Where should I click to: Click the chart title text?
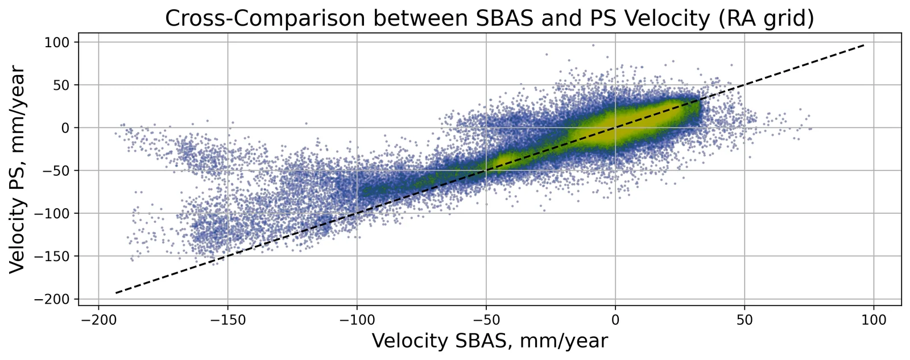pyautogui.click(x=490, y=18)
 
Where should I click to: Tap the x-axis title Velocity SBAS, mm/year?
pyautogui.click(x=490, y=341)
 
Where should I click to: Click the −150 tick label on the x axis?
pyautogui.click(x=227, y=320)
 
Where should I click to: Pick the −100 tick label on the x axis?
pyautogui.click(x=357, y=320)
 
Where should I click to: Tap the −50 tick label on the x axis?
pyautogui.click(x=486, y=320)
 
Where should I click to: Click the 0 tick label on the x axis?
pyautogui.click(x=615, y=320)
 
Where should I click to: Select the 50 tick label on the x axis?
pyautogui.click(x=744, y=320)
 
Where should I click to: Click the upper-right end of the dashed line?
pyautogui.click(x=864, y=45)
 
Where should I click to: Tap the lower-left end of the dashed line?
pyautogui.click(x=116, y=293)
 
